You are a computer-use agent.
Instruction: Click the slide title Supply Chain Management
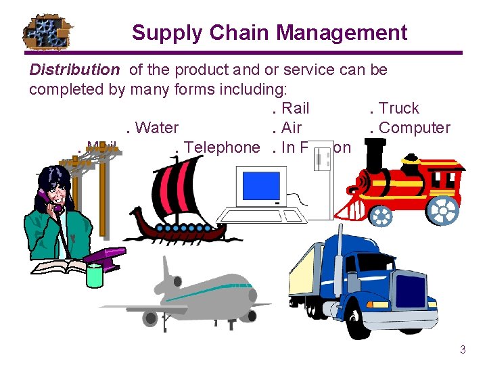(269, 32)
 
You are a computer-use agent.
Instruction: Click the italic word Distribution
(74, 70)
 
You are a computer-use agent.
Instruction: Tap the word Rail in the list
(295, 108)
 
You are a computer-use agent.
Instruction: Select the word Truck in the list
(398, 108)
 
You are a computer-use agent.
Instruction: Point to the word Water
(156, 128)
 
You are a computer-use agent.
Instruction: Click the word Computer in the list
(414, 128)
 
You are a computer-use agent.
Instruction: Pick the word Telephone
(222, 147)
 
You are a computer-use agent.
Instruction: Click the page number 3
(463, 349)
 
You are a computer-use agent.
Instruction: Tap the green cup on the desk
(94, 276)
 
